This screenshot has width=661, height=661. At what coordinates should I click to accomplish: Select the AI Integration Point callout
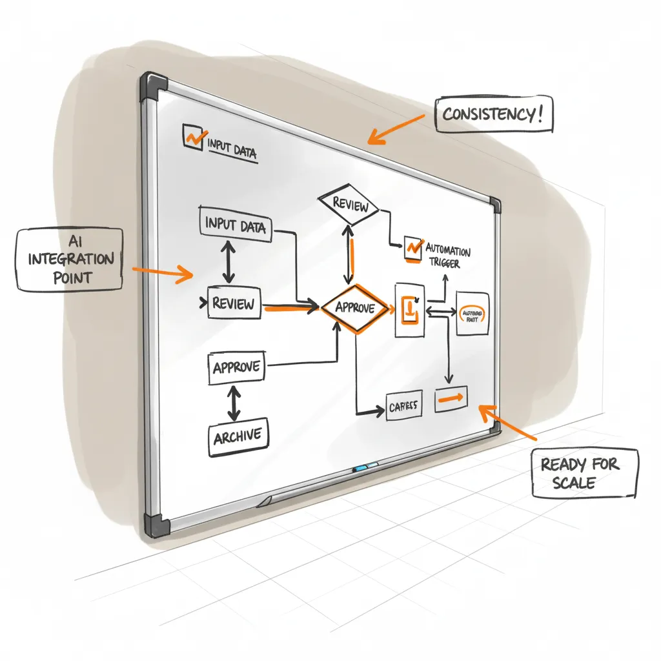tap(70, 259)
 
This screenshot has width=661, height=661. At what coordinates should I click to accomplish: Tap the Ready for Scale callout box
tap(585, 473)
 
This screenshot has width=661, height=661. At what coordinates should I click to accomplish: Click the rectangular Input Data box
tap(236, 225)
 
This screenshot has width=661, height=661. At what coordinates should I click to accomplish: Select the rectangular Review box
tap(234, 303)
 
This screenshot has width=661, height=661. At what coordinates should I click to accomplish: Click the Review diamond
tap(349, 206)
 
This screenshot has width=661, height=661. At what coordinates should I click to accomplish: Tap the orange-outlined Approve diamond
tap(356, 309)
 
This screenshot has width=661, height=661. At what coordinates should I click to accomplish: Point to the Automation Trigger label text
tap(447, 256)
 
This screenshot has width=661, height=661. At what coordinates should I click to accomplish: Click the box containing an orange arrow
tap(452, 400)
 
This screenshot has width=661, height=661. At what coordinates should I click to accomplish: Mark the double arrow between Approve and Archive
tap(234, 405)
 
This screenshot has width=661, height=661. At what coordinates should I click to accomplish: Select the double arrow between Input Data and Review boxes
tap(228, 263)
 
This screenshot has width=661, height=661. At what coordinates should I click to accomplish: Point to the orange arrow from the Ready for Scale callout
tap(510, 423)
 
